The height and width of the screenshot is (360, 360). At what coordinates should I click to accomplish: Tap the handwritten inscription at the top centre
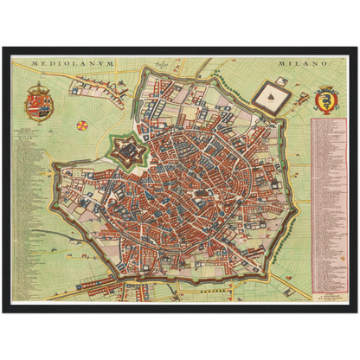click(x=161, y=64)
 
